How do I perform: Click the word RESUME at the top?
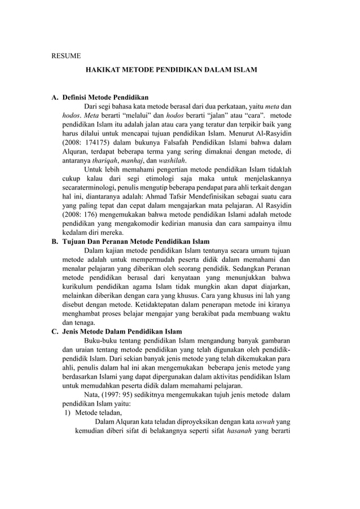(66, 56)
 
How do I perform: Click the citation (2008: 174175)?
(87, 142)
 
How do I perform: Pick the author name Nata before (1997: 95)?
(93, 395)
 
